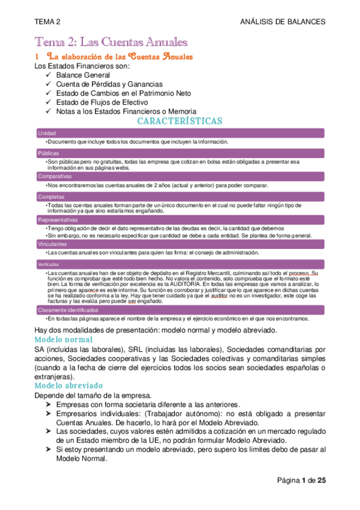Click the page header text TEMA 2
[48, 22]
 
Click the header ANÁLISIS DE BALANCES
[282, 22]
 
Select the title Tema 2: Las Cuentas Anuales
[112, 42]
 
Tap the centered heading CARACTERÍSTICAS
[180, 121]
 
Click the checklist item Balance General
[82, 75]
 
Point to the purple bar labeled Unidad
[180, 132]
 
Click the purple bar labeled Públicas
[180, 153]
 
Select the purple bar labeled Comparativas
[180, 176]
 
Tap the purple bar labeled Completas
[180, 197]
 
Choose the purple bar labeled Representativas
[180, 220]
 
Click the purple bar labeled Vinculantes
[180, 244]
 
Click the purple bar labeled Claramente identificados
[180, 309]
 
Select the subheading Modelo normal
[63, 340]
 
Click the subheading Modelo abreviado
[69, 385]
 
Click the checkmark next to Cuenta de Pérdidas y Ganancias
[49, 84]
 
